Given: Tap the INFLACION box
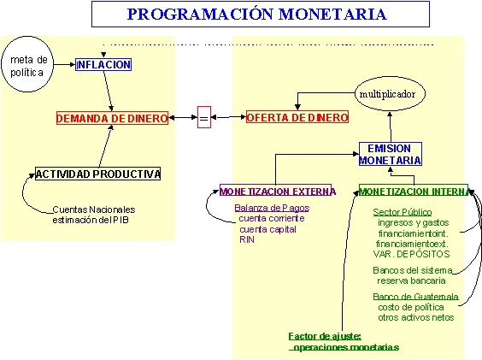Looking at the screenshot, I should [x=103, y=64].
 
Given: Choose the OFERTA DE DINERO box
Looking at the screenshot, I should [x=297, y=117].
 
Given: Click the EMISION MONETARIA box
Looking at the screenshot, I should [x=390, y=154].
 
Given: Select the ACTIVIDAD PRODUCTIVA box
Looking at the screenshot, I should [x=98, y=174].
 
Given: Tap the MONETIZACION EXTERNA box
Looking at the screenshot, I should [x=278, y=191].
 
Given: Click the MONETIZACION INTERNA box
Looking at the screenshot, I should [x=414, y=191].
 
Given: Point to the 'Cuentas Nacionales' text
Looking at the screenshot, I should [x=94, y=209].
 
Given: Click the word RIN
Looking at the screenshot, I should [x=247, y=239].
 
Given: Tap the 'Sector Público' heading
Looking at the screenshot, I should [x=403, y=212].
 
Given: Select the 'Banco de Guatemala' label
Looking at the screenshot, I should [x=415, y=298].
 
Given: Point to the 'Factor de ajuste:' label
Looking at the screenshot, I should [x=325, y=336].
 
